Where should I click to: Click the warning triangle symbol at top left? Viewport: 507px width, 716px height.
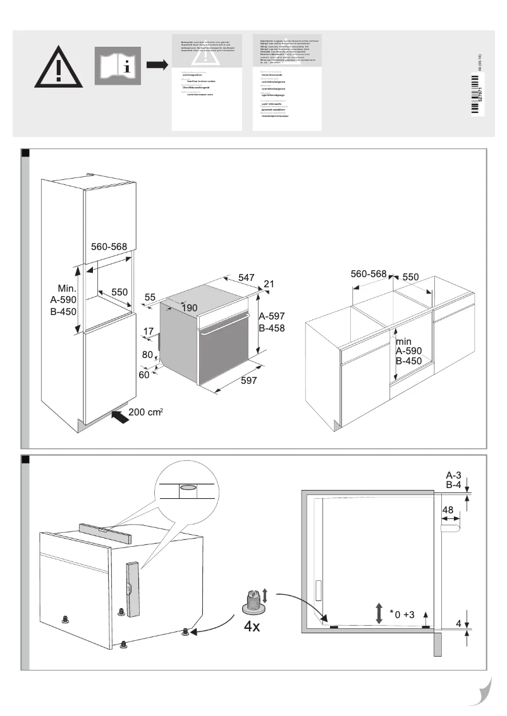tap(58, 66)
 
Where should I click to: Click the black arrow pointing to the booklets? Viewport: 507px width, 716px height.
tap(157, 65)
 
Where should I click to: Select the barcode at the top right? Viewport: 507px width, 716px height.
tap(477, 95)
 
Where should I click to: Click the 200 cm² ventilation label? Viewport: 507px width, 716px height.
tap(146, 412)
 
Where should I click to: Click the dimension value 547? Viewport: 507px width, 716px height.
tap(247, 277)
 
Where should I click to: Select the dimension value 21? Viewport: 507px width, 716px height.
tap(269, 284)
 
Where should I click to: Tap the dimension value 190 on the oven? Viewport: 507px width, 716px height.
tap(190, 307)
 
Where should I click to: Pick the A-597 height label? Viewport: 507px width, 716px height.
tap(272, 316)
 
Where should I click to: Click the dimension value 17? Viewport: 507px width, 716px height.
tap(149, 331)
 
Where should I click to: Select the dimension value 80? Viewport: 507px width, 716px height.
tap(147, 355)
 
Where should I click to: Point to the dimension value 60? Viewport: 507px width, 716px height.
tap(145, 375)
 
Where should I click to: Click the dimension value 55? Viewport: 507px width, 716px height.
tap(150, 297)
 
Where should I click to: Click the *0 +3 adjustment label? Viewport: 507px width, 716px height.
tap(402, 614)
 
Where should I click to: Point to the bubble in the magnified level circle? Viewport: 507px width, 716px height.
tap(188, 487)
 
